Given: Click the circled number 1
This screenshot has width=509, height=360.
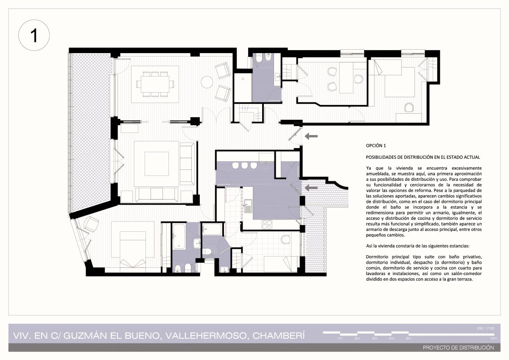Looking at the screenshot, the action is coord(34,35).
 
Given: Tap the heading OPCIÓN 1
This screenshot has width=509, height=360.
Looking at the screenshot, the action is coord(376,146).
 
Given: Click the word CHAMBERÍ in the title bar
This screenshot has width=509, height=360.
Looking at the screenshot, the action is coord(279,336).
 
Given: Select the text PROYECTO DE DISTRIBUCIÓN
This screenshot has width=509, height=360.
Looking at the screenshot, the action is coord(459,348).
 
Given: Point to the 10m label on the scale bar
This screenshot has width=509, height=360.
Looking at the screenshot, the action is coord(493,338).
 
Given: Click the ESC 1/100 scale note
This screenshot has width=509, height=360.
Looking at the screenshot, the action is coord(486,328).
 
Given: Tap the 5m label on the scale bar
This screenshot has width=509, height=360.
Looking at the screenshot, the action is coord(408,338).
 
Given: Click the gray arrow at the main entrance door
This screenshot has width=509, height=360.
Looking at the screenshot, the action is coord(311,136).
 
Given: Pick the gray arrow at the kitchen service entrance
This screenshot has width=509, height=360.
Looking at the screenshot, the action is coord(311,188).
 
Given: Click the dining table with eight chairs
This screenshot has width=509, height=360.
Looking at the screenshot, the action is coord(155,84).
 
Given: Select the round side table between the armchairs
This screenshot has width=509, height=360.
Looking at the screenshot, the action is coord(207,82).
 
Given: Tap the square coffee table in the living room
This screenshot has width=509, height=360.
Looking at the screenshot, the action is coord(157,164).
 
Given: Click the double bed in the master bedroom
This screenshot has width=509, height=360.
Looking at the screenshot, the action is coord(133,249).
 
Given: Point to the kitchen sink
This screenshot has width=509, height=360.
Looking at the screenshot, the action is coord(248,206).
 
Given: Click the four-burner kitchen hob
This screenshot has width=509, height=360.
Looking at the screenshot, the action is coord(267,225).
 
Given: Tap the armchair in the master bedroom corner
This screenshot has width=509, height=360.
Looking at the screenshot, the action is coord(91,224).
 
